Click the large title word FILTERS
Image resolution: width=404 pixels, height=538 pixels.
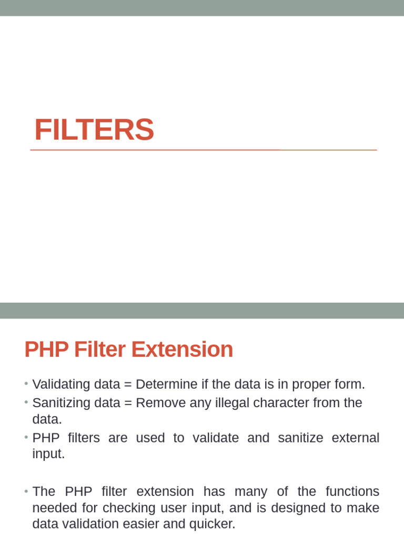pyautogui.click(x=94, y=130)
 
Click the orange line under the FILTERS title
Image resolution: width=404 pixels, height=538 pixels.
pyautogui.click(x=204, y=150)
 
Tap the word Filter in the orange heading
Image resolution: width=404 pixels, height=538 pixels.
pyautogui.click(x=102, y=350)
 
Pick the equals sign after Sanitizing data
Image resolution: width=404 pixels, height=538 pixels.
pyautogui.click(x=128, y=403)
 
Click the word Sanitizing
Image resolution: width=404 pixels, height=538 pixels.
pyautogui.click(x=60, y=403)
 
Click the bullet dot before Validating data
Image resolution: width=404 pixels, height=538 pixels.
pyautogui.click(x=26, y=385)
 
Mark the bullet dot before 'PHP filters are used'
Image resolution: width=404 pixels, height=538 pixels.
pyautogui.click(x=26, y=438)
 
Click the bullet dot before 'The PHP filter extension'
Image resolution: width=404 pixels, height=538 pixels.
pyautogui.click(x=26, y=492)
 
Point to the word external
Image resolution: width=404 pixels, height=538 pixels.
pyautogui.click(x=356, y=438)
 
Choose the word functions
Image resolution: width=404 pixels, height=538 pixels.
pyautogui.click(x=352, y=492)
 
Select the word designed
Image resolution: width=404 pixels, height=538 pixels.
pyautogui.click(x=307, y=508)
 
